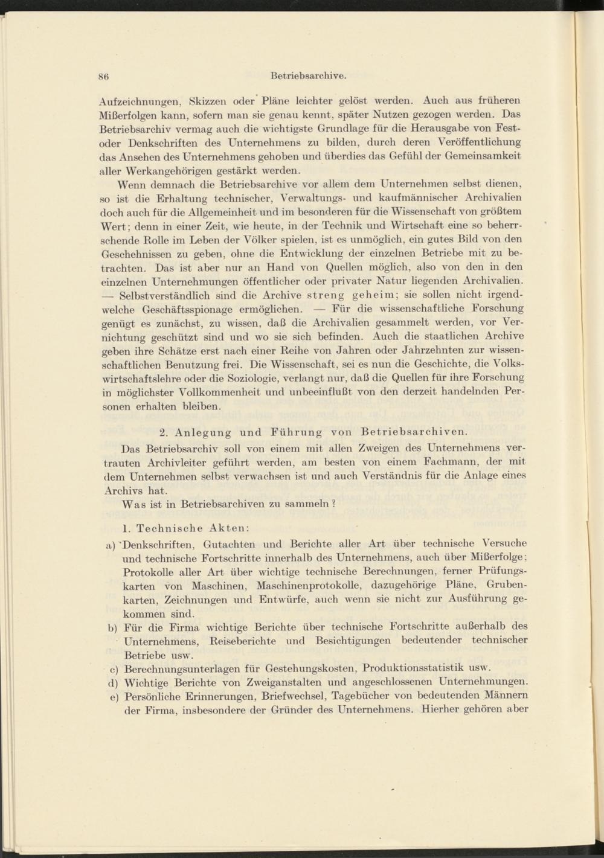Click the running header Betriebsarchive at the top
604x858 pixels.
308,76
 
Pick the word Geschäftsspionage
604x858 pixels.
182,309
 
